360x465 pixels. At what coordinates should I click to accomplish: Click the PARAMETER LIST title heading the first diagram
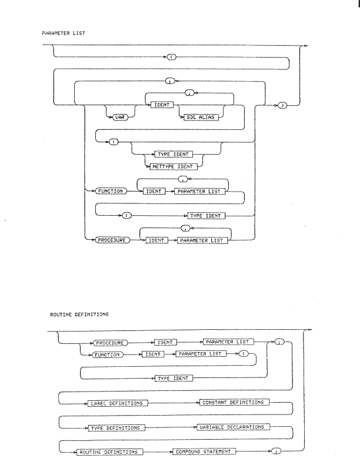point(64,34)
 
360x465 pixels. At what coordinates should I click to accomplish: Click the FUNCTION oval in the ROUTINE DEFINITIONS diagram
point(106,354)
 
